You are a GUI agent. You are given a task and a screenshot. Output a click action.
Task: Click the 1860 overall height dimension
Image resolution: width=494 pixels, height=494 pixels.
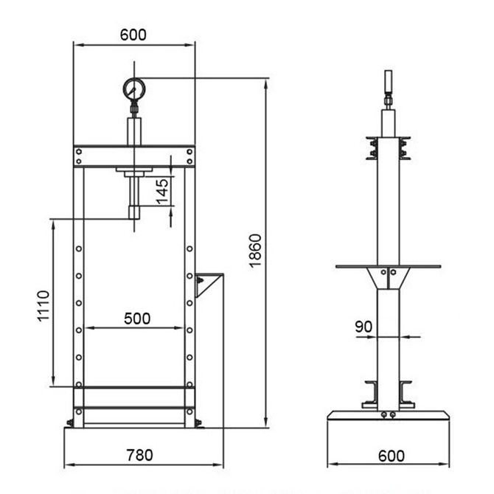pyautogui.click(x=256, y=251)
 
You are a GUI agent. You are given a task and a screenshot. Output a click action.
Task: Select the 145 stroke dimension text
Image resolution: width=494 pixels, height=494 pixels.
pyautogui.click(x=162, y=192)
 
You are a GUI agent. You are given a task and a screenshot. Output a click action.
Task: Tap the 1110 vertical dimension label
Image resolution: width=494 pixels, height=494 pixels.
pyautogui.click(x=44, y=306)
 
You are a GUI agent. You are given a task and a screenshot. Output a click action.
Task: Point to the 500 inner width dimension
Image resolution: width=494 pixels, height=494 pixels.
pyautogui.click(x=137, y=319)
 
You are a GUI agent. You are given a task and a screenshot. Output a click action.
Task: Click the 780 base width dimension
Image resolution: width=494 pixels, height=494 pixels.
pyautogui.click(x=139, y=455)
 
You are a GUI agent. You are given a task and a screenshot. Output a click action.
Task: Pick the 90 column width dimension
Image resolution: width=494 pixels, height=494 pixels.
pyautogui.click(x=363, y=327)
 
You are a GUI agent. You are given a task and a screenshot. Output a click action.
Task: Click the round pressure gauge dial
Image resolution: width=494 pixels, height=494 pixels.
pyautogui.click(x=134, y=88)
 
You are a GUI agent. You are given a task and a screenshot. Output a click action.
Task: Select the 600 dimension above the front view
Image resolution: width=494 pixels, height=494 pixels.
pyautogui.click(x=133, y=35)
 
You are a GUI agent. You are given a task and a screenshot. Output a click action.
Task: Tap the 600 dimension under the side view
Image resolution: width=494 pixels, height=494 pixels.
pyautogui.click(x=391, y=456)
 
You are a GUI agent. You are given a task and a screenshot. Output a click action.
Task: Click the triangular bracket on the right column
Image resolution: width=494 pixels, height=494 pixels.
pyautogui.click(x=206, y=284)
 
